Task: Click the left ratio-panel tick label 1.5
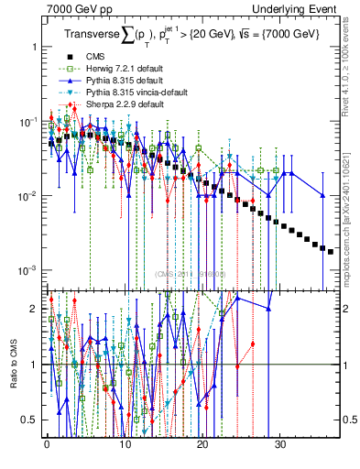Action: click(x=31, y=336)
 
